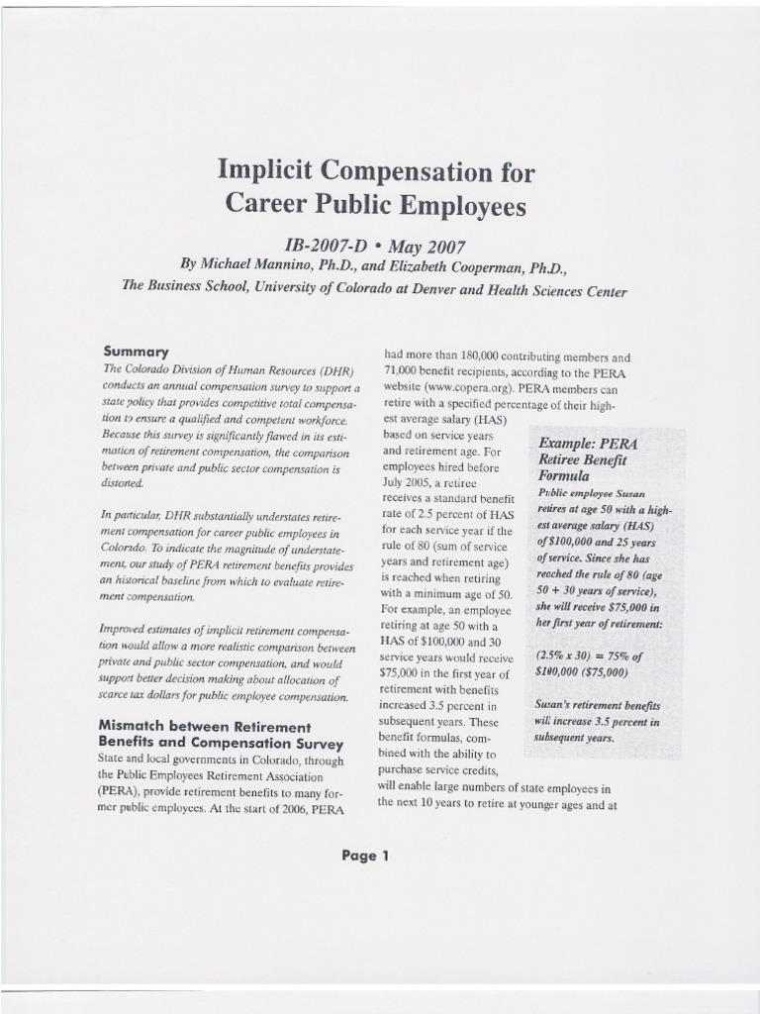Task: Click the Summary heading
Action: click(136, 352)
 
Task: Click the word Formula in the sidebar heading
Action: click(563, 475)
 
